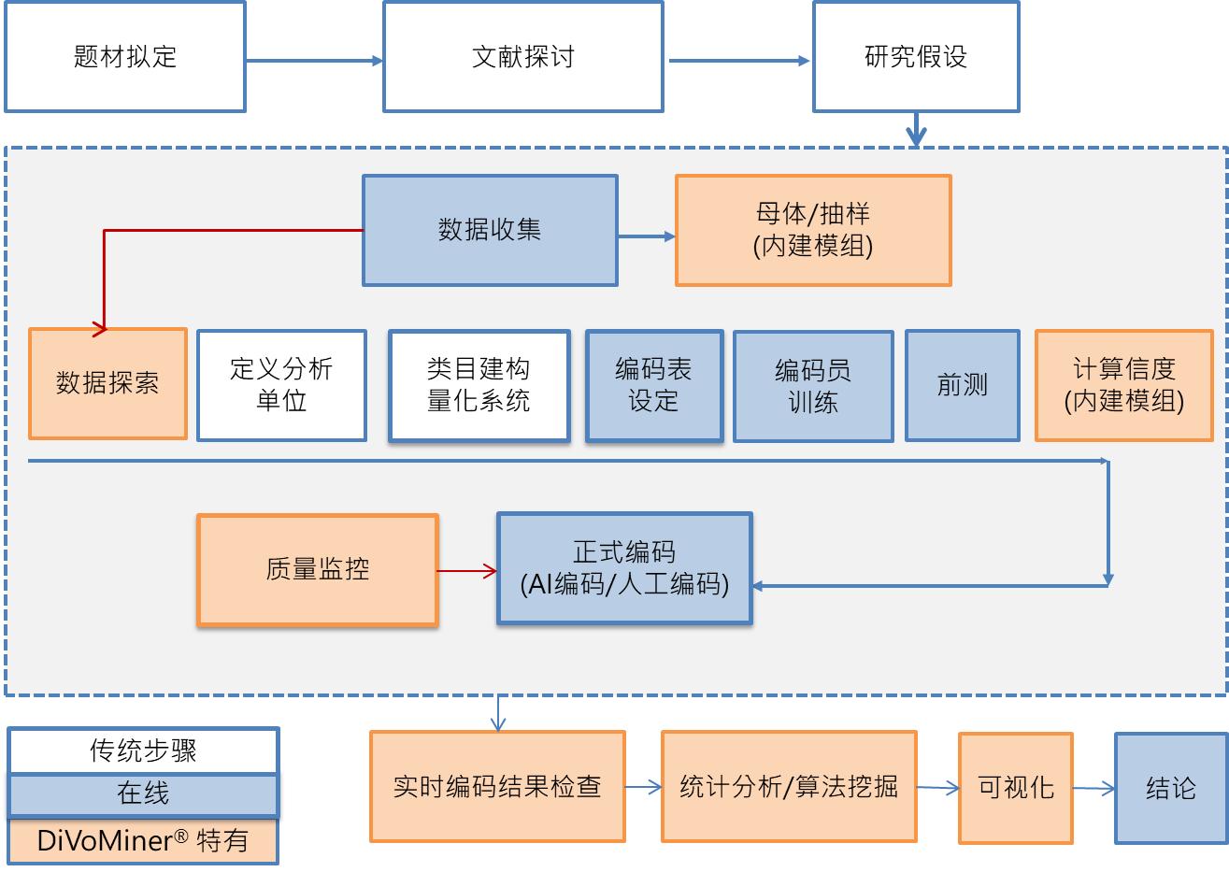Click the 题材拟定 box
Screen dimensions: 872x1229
[125, 57]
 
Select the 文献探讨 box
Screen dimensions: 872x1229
[522, 57]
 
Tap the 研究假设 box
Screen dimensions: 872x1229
[915, 57]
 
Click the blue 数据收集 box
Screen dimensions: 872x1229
[490, 230]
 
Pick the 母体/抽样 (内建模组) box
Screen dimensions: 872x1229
[812, 230]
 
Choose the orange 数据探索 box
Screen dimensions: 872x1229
[107, 383]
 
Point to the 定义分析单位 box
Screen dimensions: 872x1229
[281, 385]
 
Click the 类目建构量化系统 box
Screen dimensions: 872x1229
[479, 385]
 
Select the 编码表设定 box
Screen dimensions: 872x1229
[653, 385]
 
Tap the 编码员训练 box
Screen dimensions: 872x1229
[812, 386]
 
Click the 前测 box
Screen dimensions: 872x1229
[962, 385]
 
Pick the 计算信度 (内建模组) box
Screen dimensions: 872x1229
[1123, 385]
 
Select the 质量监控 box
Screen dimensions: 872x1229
[317, 569]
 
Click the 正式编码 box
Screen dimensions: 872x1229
[624, 568]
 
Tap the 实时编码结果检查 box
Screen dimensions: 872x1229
[497, 786]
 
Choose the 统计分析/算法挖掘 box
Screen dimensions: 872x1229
[789, 786]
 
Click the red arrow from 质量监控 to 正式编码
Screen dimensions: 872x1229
[466, 570]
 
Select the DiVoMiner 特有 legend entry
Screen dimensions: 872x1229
[143, 840]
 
